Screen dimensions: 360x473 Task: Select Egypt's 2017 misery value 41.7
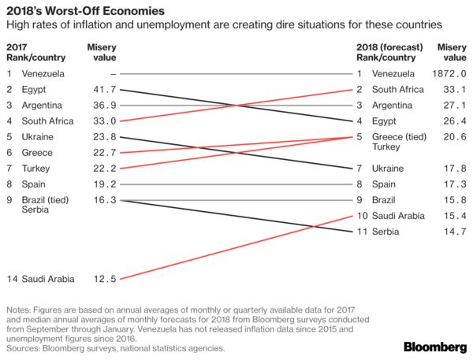104,90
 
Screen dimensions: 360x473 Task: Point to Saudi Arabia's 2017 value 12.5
104,278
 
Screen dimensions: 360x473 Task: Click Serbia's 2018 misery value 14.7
452,231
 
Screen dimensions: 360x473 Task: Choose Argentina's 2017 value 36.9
104,106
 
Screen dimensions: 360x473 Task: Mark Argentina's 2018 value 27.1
452,106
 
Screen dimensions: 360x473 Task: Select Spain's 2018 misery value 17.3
452,184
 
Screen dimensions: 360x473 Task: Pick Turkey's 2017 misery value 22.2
104,169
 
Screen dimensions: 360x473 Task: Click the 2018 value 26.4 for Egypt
452,121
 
